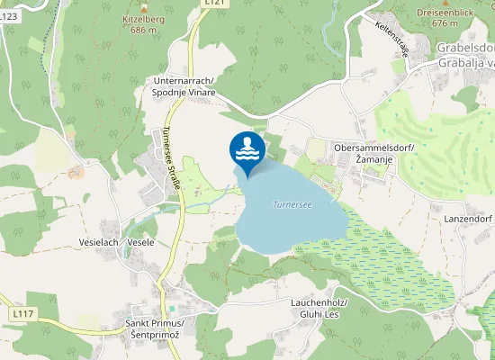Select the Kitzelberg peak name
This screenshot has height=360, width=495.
(x=144, y=18)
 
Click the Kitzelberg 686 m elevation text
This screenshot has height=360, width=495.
(x=144, y=30)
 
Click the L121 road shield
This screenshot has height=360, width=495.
(x=213, y=3)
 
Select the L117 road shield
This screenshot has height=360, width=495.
(x=23, y=313)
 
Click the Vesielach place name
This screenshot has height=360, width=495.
(x=99, y=243)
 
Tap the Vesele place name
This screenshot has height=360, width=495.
(x=141, y=243)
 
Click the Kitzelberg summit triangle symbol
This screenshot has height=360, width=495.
(x=144, y=5)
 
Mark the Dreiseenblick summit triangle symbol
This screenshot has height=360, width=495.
(x=445, y=2)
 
